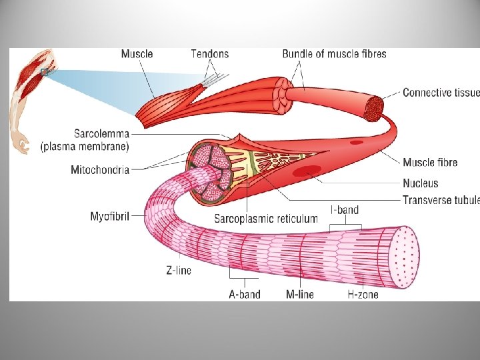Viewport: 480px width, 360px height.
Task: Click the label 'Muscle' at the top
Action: (137, 54)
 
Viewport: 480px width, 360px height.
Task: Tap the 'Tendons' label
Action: (209, 54)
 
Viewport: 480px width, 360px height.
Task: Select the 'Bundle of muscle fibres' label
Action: (334, 54)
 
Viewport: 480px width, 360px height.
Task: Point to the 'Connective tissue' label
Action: (441, 93)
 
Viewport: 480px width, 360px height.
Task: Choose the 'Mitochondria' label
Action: (99, 170)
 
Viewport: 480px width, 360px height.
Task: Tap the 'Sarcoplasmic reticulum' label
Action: (266, 218)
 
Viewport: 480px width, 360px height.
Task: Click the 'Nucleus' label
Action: (420, 183)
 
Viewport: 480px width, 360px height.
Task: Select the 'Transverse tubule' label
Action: (441, 199)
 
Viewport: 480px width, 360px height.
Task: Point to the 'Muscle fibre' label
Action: (430, 162)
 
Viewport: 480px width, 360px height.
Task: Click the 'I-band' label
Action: (345, 211)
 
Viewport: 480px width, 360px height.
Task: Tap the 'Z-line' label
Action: (178, 271)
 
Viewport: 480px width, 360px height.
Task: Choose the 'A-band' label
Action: (244, 293)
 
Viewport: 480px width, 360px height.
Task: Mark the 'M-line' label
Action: (300, 293)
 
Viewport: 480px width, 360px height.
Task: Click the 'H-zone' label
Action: (363, 293)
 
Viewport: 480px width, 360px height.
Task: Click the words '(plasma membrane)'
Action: (85, 146)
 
